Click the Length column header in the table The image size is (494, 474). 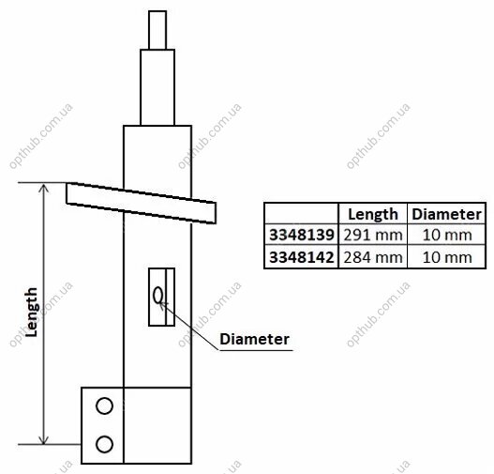pyautogui.click(x=373, y=214)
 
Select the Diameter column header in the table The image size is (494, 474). pyautogui.click(x=446, y=214)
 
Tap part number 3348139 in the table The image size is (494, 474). pyautogui.click(x=301, y=235)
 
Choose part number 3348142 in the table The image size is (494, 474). pyautogui.click(x=301, y=257)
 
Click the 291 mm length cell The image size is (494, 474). pyautogui.click(x=373, y=235)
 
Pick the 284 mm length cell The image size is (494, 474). pyautogui.click(x=373, y=257)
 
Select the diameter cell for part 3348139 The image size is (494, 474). pyautogui.click(x=447, y=235)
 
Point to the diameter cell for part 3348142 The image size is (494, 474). pyautogui.click(x=447, y=257)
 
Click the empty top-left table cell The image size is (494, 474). pyautogui.click(x=301, y=213)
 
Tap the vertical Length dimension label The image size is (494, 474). pyautogui.click(x=31, y=312)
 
